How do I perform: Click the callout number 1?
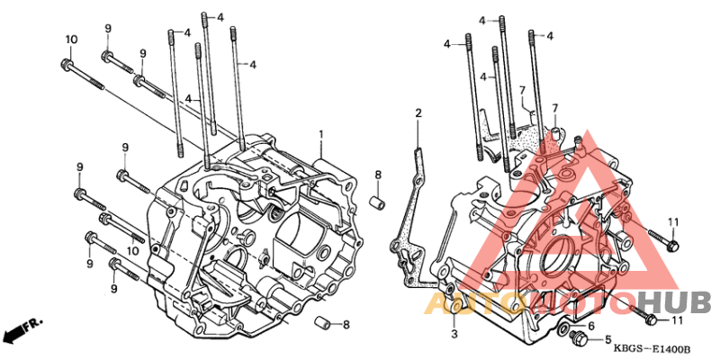tap(319, 134)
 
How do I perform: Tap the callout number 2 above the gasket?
tap(418, 112)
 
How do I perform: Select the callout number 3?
tap(454, 334)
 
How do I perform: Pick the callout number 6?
tap(590, 325)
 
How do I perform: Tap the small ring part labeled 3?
tap(455, 307)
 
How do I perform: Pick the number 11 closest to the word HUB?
tap(676, 319)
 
